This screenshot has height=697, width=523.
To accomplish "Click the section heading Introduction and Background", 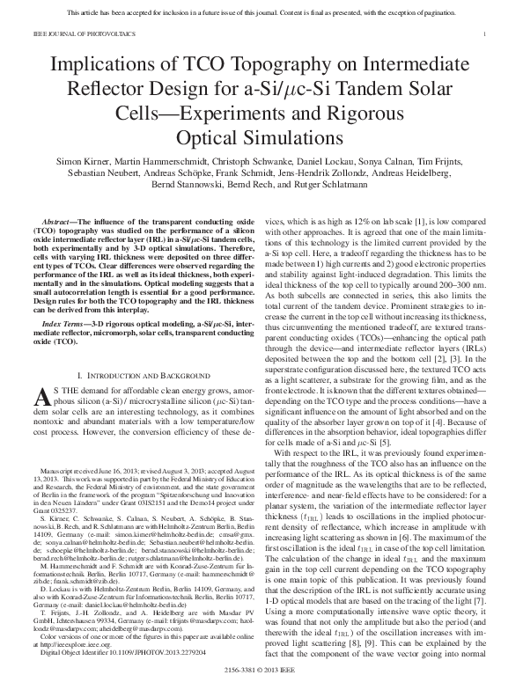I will [x=142, y=374].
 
